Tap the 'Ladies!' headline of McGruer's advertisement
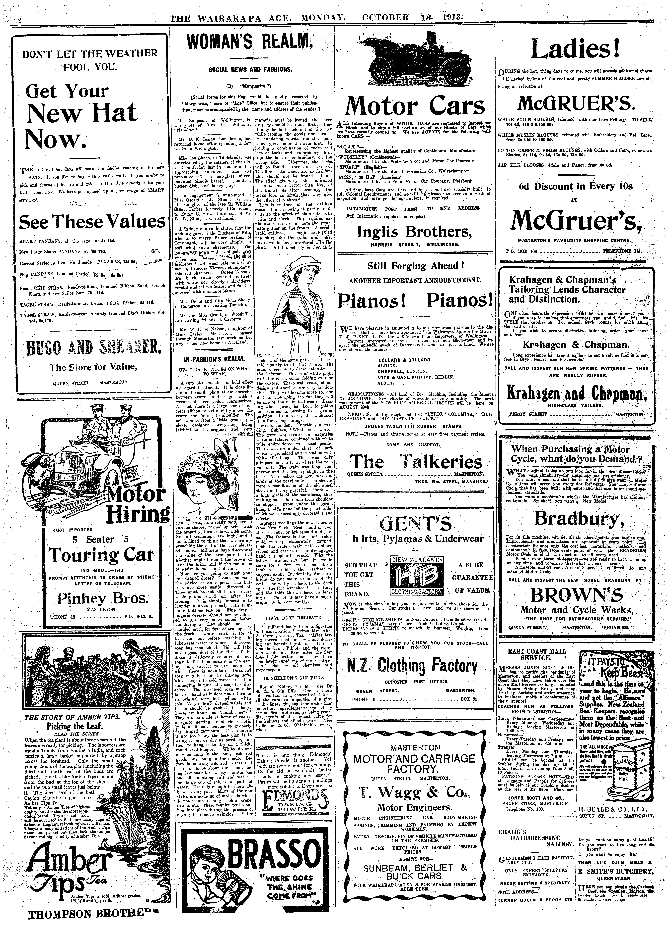coord(575,50)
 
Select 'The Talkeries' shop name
coord(415,462)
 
